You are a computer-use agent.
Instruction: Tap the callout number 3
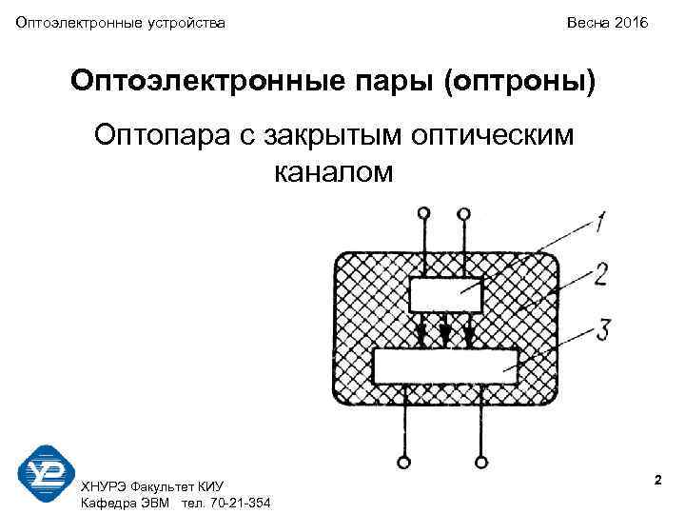click(x=601, y=329)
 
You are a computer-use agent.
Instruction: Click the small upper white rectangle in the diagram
click(x=446, y=295)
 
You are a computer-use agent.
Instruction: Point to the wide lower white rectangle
click(x=446, y=366)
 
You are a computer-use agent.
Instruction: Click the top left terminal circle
click(x=424, y=213)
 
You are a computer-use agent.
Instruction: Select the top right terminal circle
click(x=463, y=213)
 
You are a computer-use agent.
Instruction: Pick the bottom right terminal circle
click(x=482, y=463)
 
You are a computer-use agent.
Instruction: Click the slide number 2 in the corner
click(x=657, y=483)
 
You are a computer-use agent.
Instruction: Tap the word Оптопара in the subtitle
click(x=159, y=136)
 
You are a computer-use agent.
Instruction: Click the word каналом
click(x=333, y=172)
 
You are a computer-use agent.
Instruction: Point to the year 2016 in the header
click(x=630, y=21)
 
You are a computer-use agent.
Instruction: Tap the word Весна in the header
click(x=587, y=21)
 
